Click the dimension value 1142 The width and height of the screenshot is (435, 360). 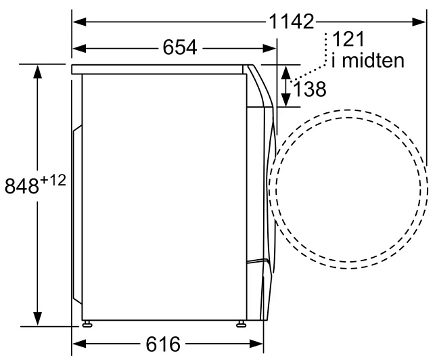click(x=292, y=22)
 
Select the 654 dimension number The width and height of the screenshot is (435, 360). click(x=180, y=47)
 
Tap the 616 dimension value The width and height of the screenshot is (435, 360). click(x=163, y=344)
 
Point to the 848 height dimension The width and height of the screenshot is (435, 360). click(x=22, y=185)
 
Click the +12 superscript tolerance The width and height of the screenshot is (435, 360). click(x=53, y=181)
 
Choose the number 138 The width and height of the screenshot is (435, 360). click(x=309, y=89)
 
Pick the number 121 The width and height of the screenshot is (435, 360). click(x=348, y=39)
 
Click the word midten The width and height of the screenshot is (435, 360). click(x=373, y=60)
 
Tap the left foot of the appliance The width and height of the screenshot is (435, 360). click(x=87, y=323)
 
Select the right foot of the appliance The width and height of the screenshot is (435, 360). click(x=240, y=323)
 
